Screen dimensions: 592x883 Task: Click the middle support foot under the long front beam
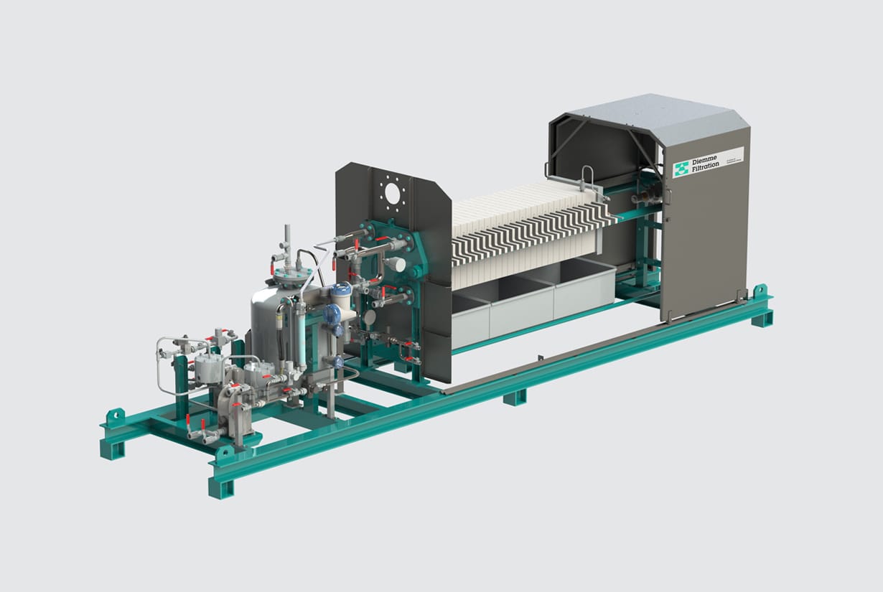coord(515,396)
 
